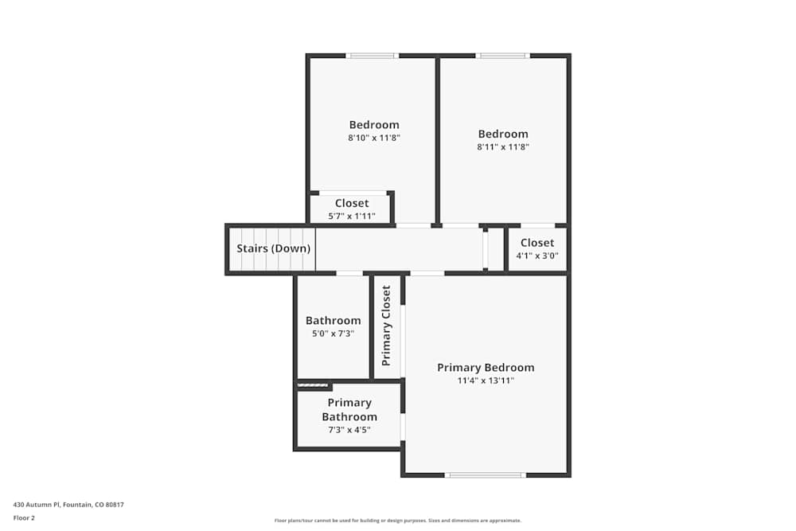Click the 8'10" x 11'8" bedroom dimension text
click(x=373, y=138)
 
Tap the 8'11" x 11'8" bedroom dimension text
click(x=502, y=146)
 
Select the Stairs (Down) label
click(x=273, y=248)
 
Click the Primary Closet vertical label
click(x=387, y=326)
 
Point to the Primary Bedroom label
click(x=486, y=368)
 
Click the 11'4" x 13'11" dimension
click(x=486, y=381)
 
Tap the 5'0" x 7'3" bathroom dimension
click(x=333, y=334)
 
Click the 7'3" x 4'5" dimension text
click(x=349, y=430)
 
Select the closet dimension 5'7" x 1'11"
click(x=351, y=216)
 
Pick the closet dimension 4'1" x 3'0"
click(x=537, y=256)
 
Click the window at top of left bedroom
click(x=372, y=56)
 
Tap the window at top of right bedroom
click(x=502, y=56)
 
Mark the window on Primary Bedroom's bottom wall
click(x=485, y=475)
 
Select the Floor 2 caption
click(x=24, y=517)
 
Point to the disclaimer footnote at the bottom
click(x=397, y=521)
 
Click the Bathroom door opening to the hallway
click(x=349, y=273)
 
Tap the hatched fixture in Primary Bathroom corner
click(x=313, y=386)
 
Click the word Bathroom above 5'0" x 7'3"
click(x=333, y=321)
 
